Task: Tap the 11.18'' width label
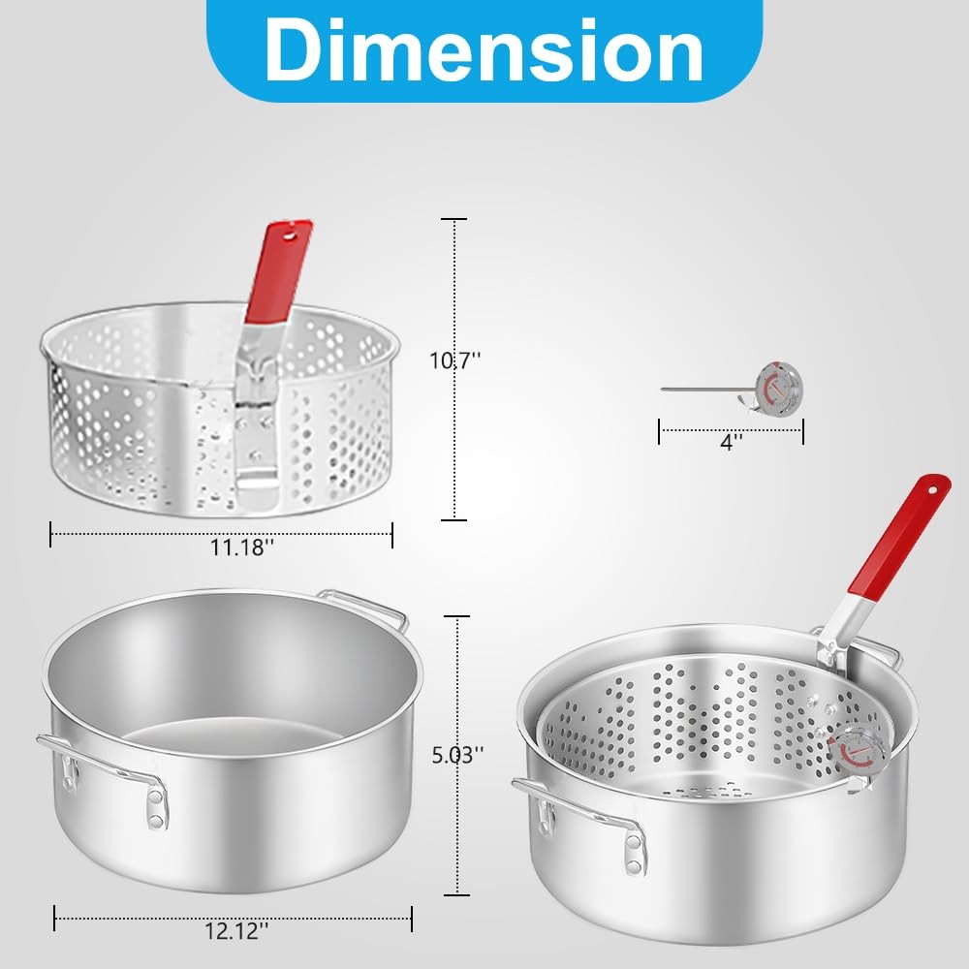pyautogui.click(x=242, y=547)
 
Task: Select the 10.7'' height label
pyautogui.click(x=455, y=360)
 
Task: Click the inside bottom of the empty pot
pyautogui.click(x=233, y=746)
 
